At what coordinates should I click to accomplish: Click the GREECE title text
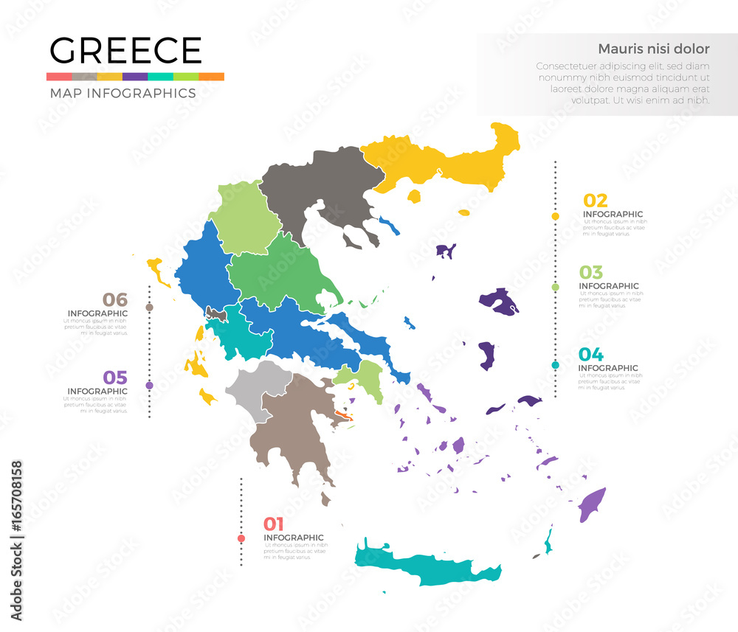(x=125, y=50)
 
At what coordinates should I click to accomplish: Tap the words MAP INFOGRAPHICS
(x=123, y=93)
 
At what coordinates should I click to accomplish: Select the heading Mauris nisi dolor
(x=653, y=49)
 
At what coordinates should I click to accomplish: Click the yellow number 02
(x=596, y=200)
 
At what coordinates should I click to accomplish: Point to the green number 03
(x=590, y=271)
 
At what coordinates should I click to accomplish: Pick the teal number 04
(x=590, y=354)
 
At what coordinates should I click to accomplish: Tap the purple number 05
(x=115, y=378)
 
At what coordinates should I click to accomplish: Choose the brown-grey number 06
(x=115, y=299)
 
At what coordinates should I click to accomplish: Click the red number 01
(x=274, y=524)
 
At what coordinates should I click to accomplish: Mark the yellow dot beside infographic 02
(x=555, y=216)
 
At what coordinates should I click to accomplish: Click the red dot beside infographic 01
(x=241, y=539)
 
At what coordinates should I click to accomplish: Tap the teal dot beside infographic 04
(x=555, y=365)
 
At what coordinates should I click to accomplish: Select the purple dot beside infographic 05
(x=150, y=385)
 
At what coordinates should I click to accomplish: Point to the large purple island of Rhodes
(x=591, y=504)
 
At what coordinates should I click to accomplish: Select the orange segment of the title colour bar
(x=211, y=77)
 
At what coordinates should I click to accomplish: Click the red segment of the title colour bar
(x=58, y=77)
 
